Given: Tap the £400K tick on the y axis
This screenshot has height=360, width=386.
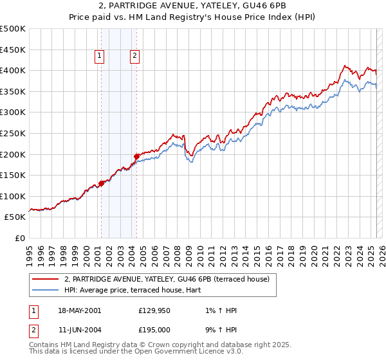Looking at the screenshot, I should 13,70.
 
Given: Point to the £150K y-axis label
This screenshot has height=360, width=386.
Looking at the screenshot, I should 13,175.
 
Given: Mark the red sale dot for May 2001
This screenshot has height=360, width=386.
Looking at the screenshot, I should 102,183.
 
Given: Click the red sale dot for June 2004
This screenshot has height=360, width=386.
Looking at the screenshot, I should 136,156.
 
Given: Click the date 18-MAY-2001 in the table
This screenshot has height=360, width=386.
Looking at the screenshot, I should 79,310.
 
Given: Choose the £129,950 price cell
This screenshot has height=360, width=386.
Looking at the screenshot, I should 154,310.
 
